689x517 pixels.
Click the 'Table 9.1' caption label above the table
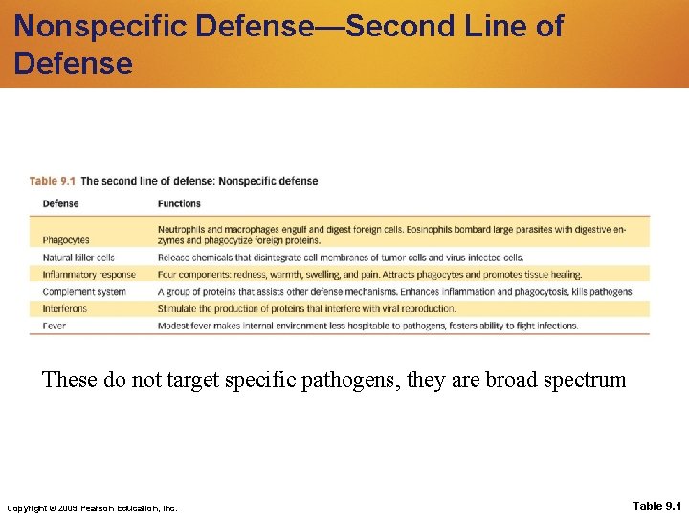pos(53,181)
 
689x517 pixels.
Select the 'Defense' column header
pos(60,203)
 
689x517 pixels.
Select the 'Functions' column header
pos(179,203)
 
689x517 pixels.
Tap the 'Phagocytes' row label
pos(66,240)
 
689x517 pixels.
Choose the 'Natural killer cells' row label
pos(78,258)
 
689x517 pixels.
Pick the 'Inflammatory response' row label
pos(89,275)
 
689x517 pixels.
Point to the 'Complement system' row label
pos(84,291)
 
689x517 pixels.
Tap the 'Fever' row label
pos(55,326)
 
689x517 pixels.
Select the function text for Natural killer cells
pos(341,258)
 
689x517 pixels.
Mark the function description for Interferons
pos(306,308)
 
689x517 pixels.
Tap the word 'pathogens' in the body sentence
pos(369,381)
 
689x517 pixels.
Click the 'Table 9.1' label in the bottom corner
pos(657,505)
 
